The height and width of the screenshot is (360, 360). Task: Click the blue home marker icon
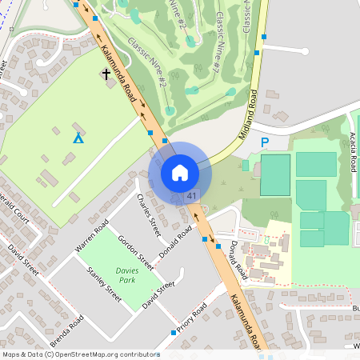[180, 172]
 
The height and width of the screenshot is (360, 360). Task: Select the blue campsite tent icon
[78, 138]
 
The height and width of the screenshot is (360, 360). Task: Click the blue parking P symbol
[265, 142]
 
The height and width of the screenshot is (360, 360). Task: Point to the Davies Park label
[126, 275]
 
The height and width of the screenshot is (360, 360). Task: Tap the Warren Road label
[91, 238]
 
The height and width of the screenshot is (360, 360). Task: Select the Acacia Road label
[353, 152]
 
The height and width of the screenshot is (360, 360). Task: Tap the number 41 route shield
[192, 196]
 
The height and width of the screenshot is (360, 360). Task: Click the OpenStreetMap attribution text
[80, 354]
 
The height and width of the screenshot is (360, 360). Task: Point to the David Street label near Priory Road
[158, 295]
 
